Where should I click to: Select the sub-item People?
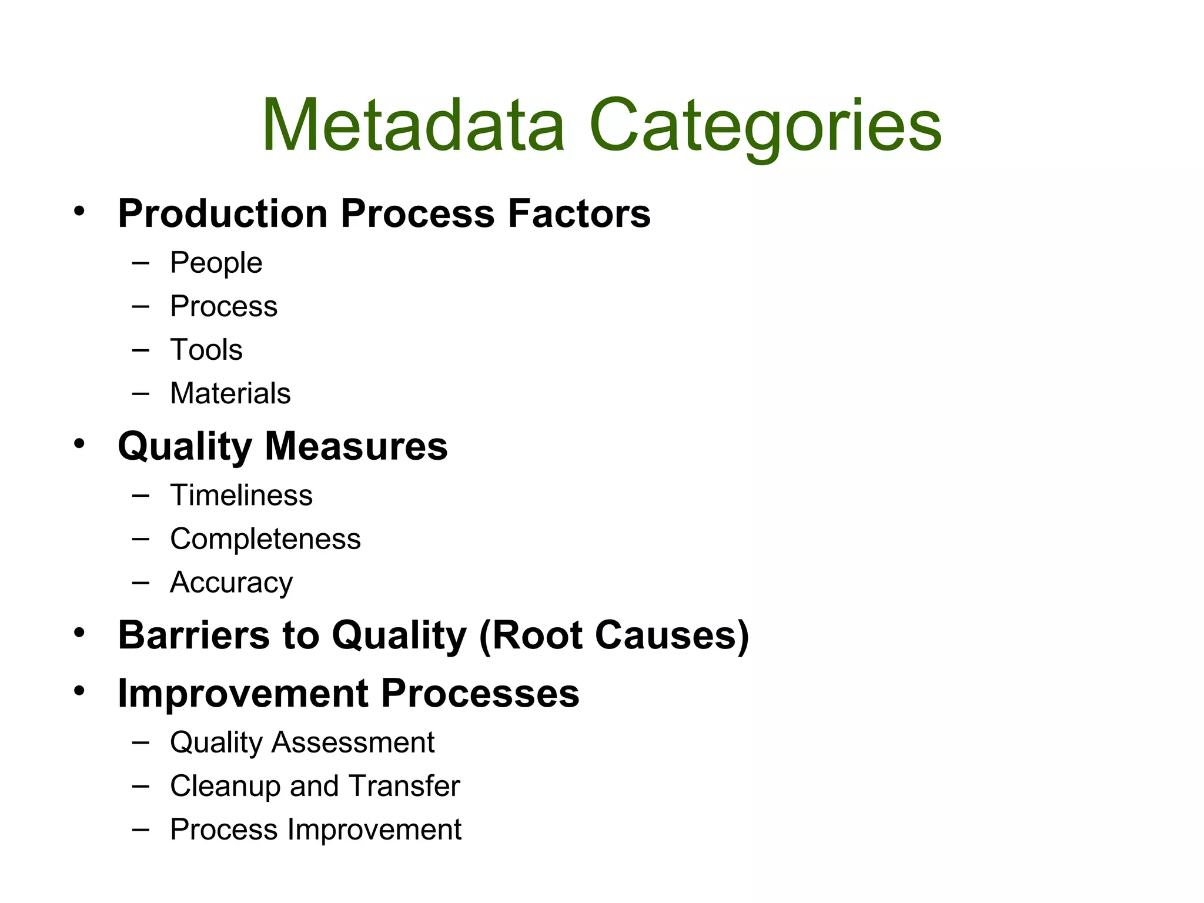(216, 262)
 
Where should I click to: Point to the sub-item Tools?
(206, 349)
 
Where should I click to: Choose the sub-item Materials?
(230, 393)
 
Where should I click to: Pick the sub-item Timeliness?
(241, 495)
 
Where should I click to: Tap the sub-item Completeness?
(265, 539)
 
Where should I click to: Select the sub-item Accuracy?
(231, 582)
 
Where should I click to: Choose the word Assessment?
(353, 742)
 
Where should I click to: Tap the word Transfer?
(404, 785)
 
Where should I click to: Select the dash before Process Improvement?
(141, 829)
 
